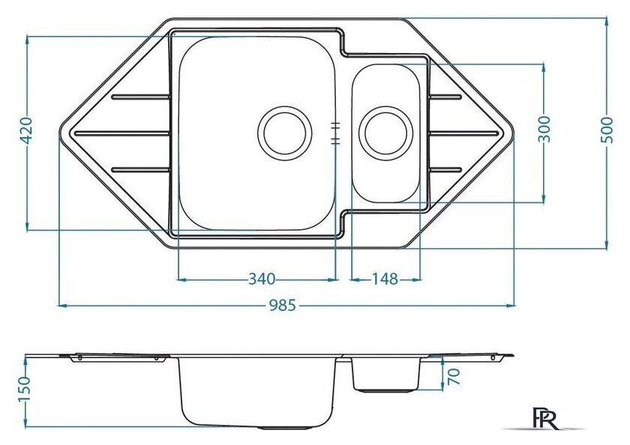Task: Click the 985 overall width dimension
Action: (x=282, y=306)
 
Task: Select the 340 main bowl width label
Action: (x=262, y=279)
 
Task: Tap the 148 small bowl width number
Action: (x=385, y=279)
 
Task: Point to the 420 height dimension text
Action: (x=26, y=130)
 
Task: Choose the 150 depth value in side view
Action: (x=24, y=389)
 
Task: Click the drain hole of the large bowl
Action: (x=285, y=133)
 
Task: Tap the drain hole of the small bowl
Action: (x=385, y=133)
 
